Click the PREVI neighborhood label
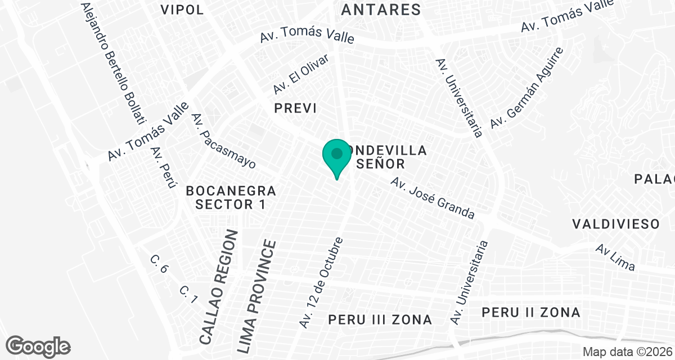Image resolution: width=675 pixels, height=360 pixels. pyautogui.click(x=295, y=109)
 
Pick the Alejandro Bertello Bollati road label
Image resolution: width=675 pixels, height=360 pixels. pyautogui.click(x=113, y=63)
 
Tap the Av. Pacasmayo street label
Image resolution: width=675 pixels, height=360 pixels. pyautogui.click(x=223, y=141)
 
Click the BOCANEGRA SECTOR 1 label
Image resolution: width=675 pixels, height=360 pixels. pyautogui.click(x=231, y=197)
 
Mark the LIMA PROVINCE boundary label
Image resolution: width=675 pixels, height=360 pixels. pyautogui.click(x=257, y=296)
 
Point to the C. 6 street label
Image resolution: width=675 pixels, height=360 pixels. pyautogui.click(x=159, y=264)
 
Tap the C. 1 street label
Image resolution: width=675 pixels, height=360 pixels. pyautogui.click(x=188, y=295)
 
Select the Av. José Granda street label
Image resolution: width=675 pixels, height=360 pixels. pyautogui.click(x=433, y=199)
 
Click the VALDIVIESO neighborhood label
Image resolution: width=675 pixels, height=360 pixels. pyautogui.click(x=615, y=224)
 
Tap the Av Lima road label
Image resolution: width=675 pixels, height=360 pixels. pyautogui.click(x=616, y=258)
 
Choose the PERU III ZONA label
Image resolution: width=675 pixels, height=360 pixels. pyautogui.click(x=380, y=320)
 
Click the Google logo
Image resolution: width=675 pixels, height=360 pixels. pyautogui.click(x=38, y=346)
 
